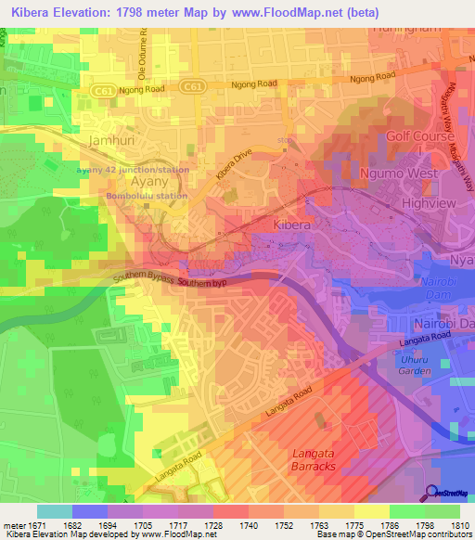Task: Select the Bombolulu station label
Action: click(147, 196)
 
